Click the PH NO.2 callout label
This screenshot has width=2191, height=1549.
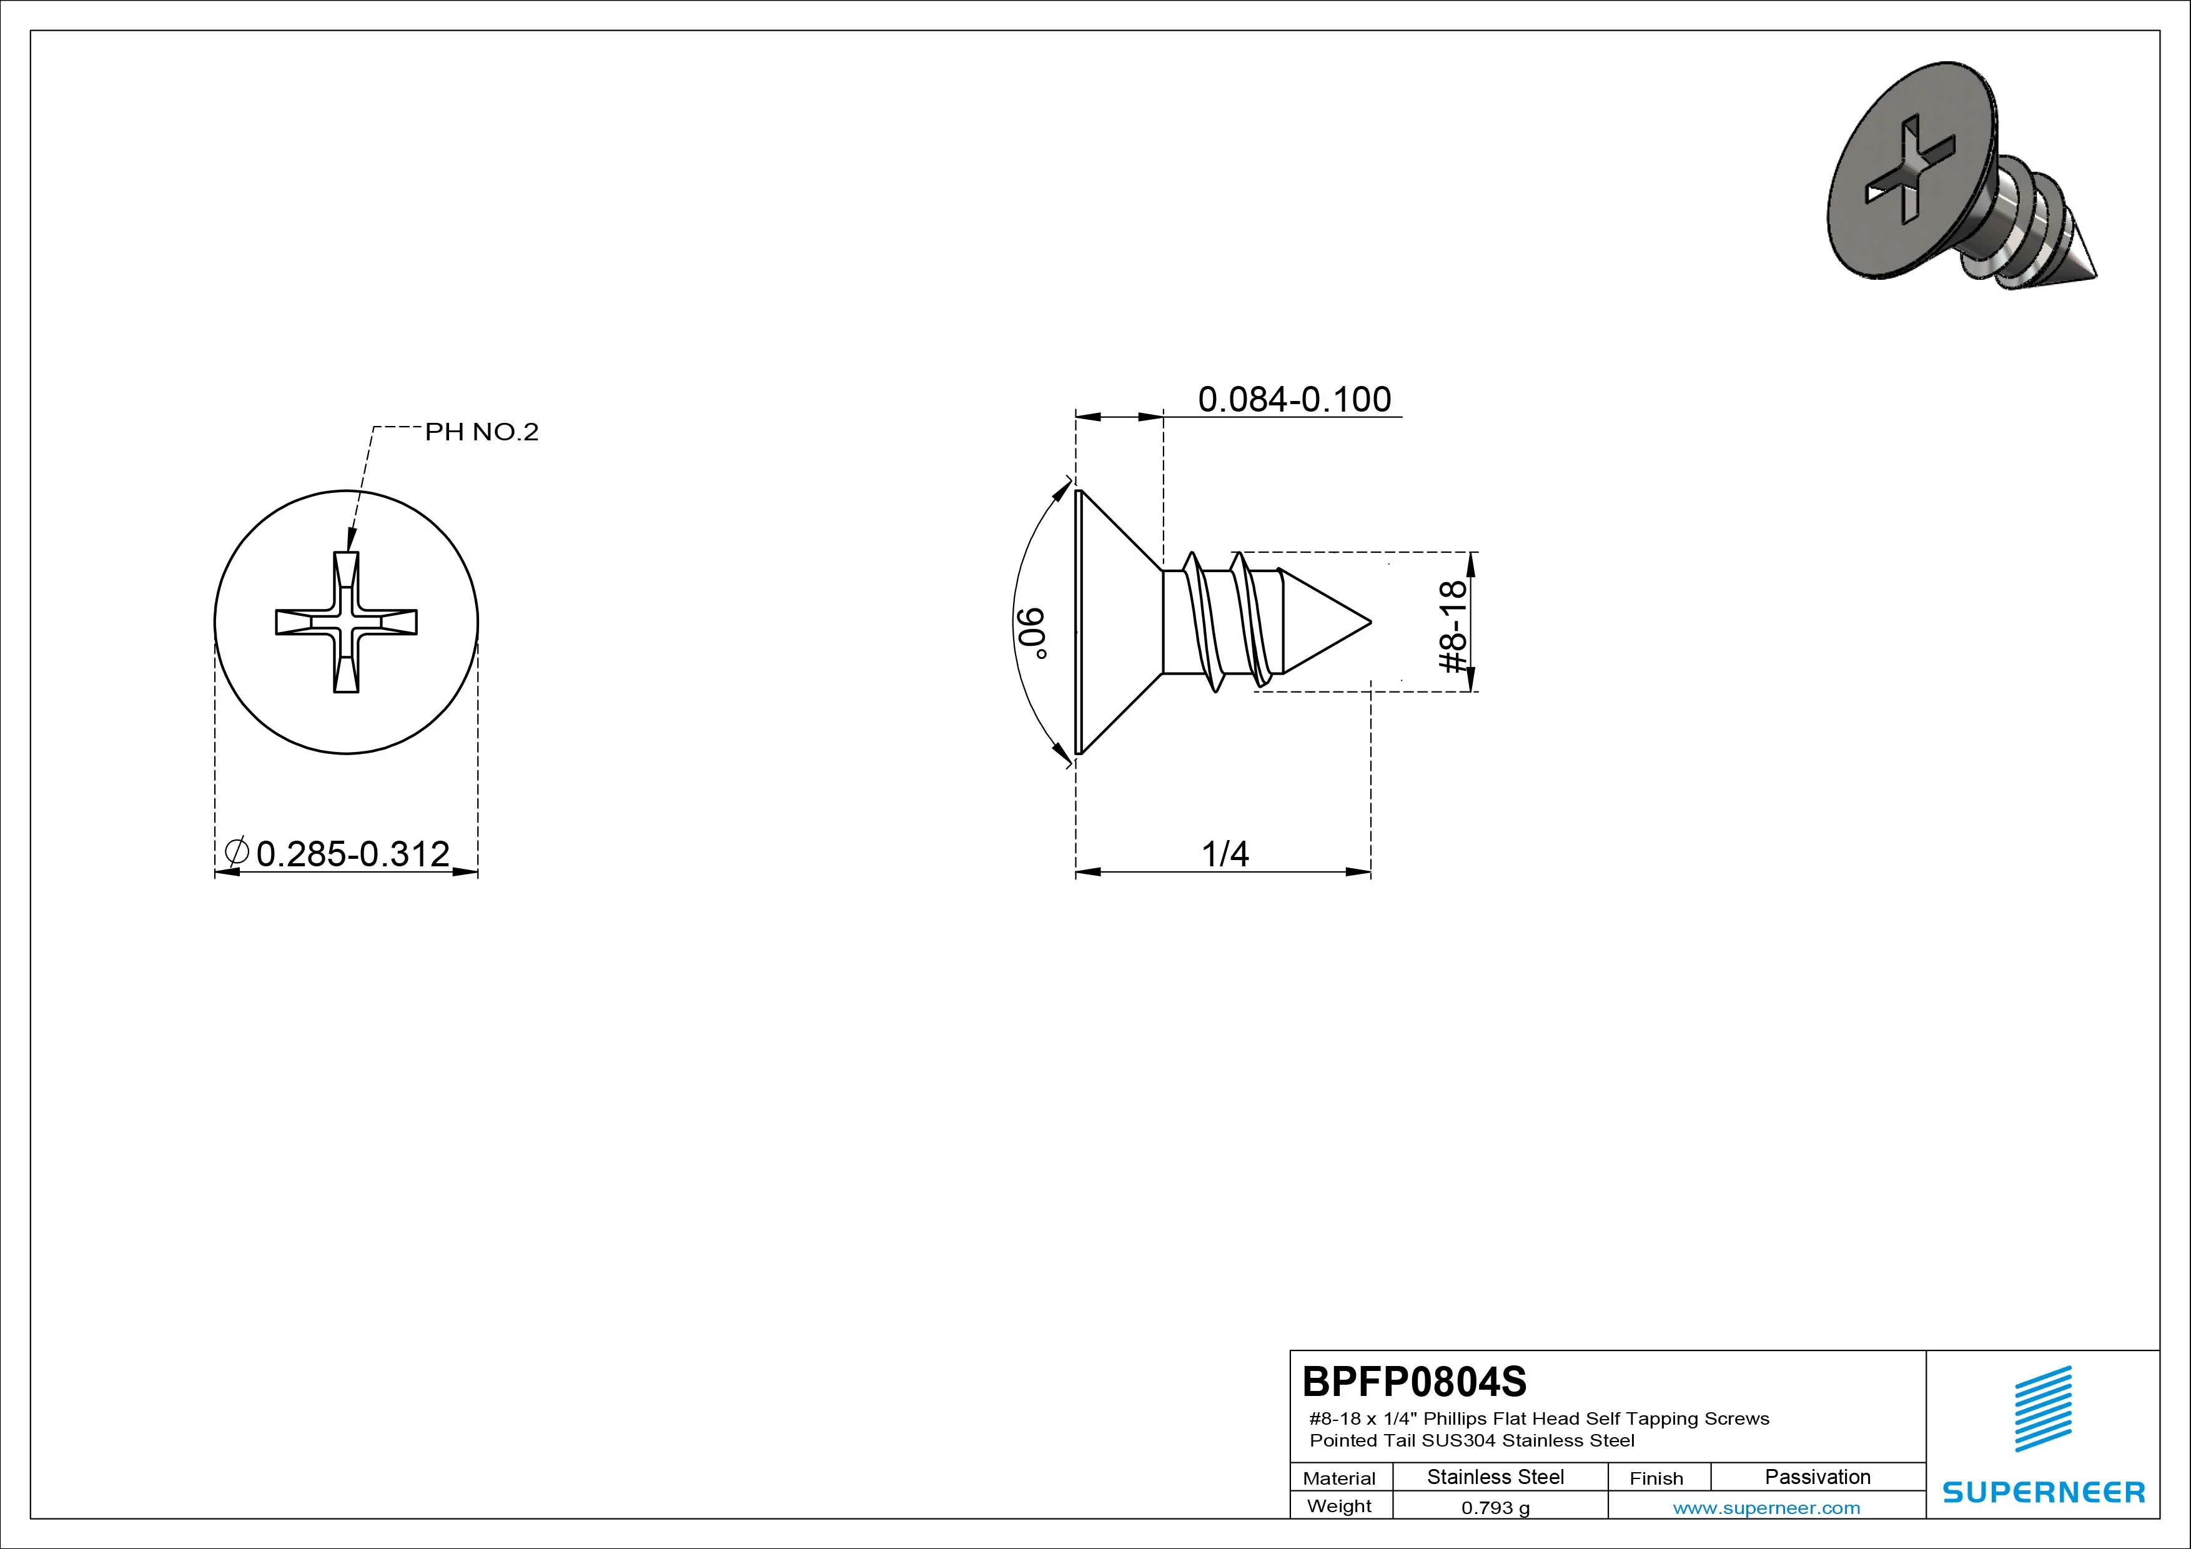coord(482,432)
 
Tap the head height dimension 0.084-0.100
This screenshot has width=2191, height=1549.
coord(1295,399)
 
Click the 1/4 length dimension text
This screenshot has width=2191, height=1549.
coord(1225,853)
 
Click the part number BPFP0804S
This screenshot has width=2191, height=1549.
coord(1414,1381)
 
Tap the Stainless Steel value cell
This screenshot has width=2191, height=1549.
coord(1495,1477)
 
